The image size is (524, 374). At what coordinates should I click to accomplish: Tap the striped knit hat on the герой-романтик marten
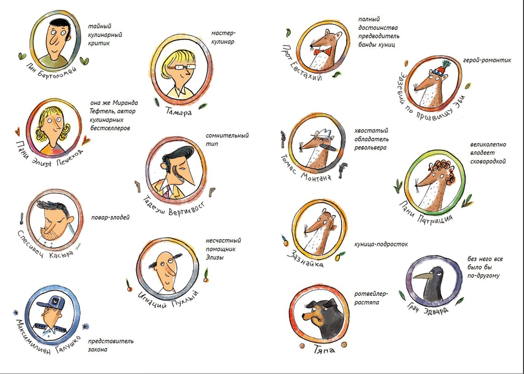click(444, 68)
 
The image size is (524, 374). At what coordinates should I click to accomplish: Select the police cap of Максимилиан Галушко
click(52, 302)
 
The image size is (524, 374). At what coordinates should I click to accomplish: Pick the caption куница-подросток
click(381, 244)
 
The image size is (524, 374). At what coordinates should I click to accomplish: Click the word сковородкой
click(487, 162)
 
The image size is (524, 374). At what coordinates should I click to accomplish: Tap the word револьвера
click(370, 148)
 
